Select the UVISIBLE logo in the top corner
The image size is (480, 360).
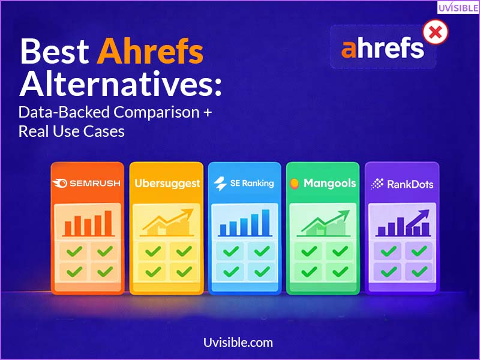click(457, 8)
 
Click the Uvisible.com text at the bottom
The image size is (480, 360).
click(238, 343)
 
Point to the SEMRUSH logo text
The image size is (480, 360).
click(94, 184)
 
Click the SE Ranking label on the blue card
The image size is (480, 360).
click(251, 184)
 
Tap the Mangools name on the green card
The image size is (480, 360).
click(329, 183)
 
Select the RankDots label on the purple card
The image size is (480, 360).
click(410, 184)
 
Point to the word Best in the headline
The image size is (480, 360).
click(54, 52)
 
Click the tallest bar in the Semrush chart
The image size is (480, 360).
click(108, 223)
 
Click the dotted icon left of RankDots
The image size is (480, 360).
click(377, 184)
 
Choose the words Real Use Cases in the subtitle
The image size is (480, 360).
click(71, 131)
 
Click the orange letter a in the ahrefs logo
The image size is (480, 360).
click(350, 49)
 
